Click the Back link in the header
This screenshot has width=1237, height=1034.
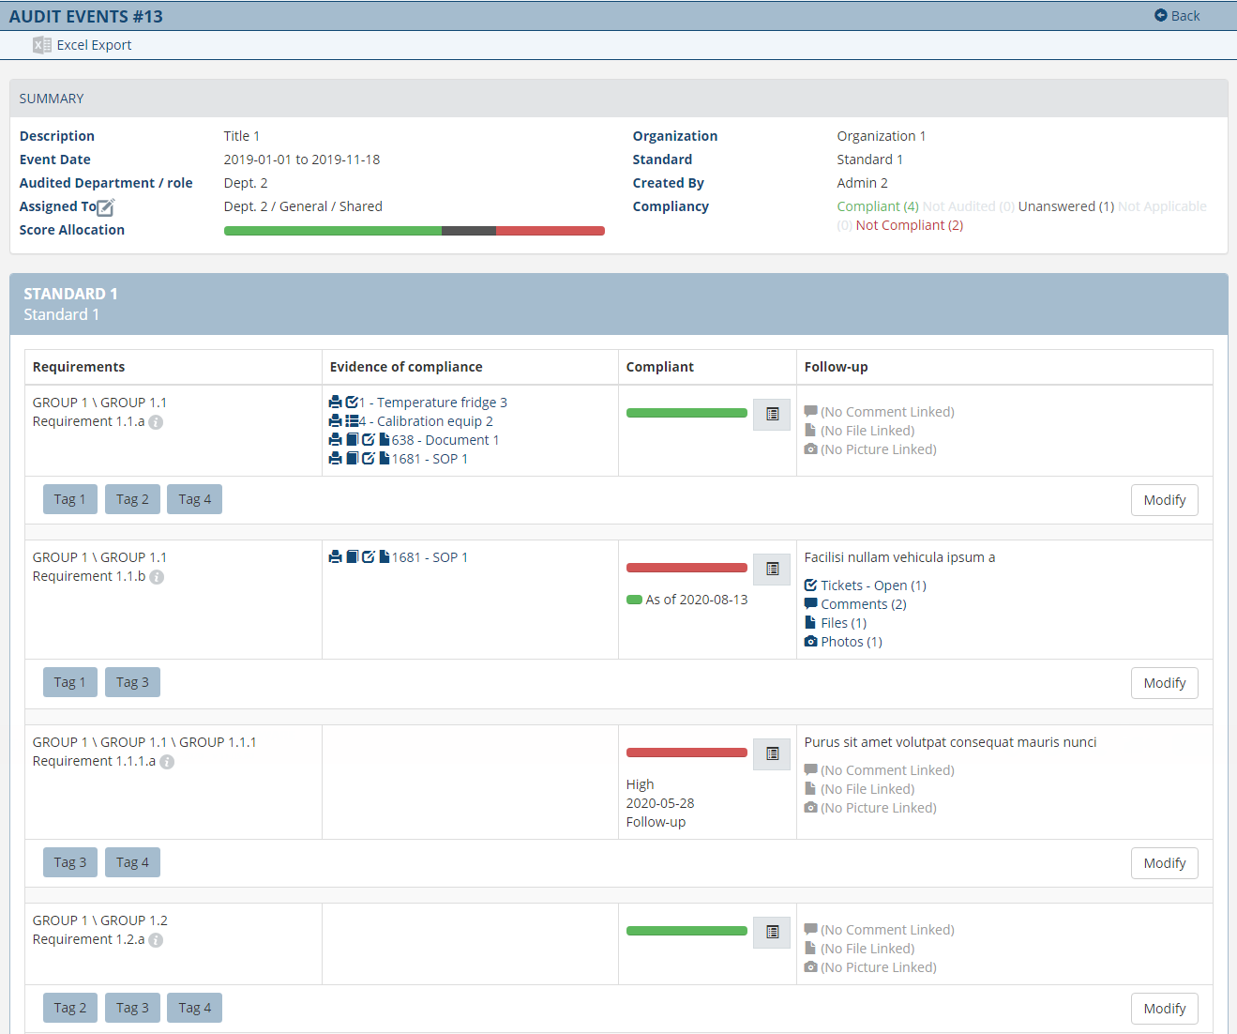(1177, 16)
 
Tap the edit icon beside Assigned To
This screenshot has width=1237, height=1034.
(106, 207)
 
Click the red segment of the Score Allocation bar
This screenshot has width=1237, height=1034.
(550, 231)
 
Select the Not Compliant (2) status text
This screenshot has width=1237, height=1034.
(909, 225)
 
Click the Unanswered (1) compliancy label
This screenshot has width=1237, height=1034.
(1065, 206)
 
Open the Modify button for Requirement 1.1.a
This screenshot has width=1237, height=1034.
(1164, 500)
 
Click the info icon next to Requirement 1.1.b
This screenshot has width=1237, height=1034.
(157, 577)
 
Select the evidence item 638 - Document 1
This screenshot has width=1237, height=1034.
(445, 440)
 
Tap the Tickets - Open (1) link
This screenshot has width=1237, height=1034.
(872, 585)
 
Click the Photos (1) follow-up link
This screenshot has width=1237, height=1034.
(851, 642)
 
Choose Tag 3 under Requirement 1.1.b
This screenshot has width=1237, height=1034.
(132, 682)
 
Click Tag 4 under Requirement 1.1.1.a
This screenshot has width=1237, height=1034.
(132, 862)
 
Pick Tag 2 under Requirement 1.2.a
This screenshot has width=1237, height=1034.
(70, 1008)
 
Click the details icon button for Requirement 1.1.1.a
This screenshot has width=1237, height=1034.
(772, 753)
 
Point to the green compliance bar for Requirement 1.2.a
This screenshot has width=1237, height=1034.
(686, 931)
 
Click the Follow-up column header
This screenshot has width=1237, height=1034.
(836, 367)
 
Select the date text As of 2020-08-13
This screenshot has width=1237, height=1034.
(696, 600)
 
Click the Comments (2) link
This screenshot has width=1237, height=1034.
(863, 604)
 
